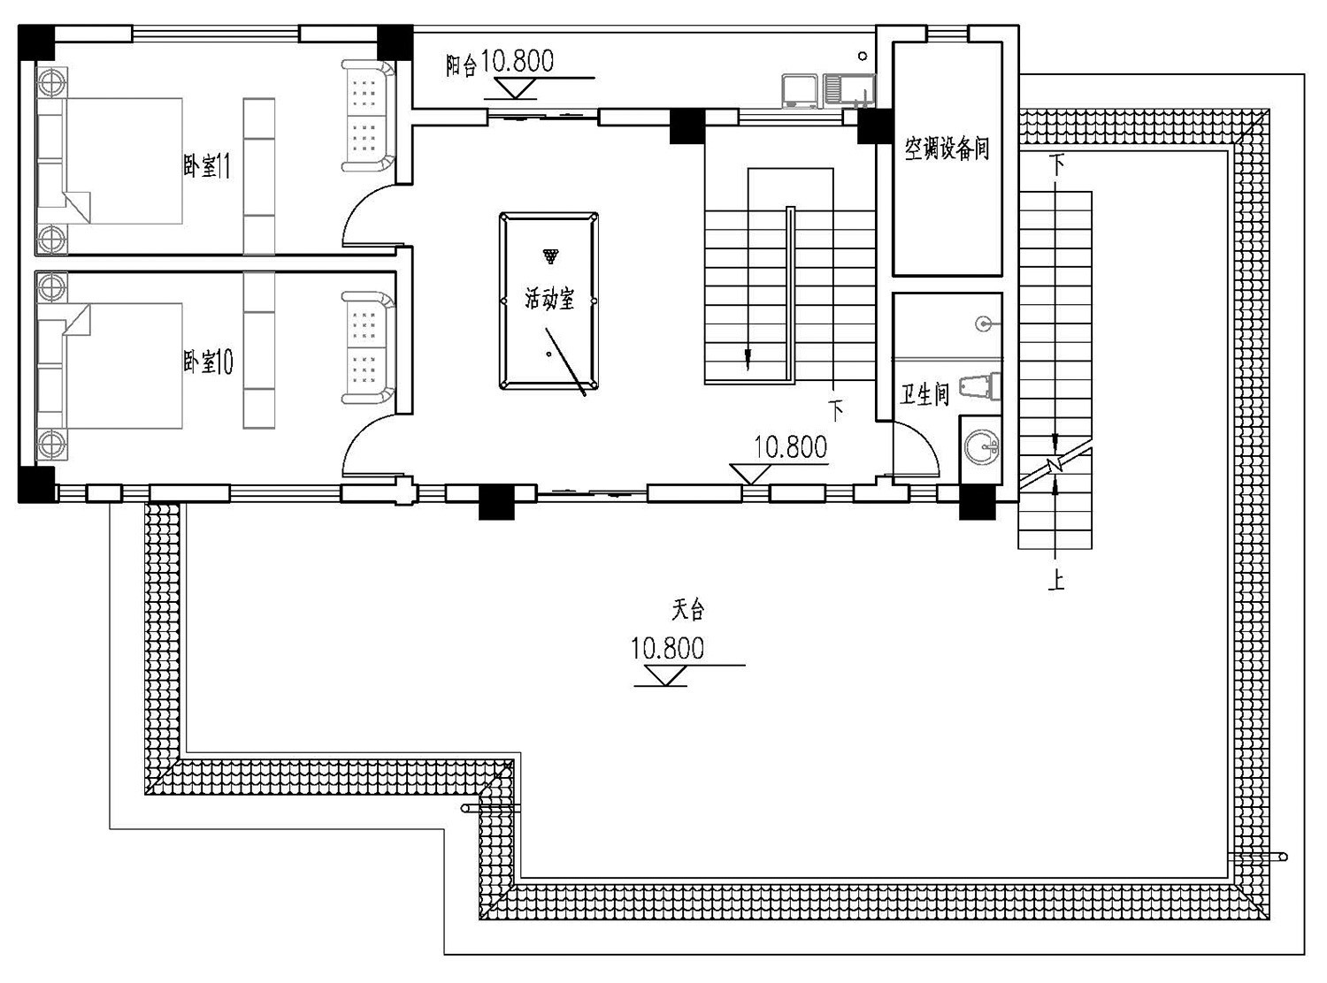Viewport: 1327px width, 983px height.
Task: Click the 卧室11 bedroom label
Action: [x=206, y=165]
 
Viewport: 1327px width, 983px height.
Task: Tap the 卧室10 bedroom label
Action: [x=208, y=362]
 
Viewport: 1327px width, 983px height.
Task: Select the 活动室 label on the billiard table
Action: [x=549, y=299]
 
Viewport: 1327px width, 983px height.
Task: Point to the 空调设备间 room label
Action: [x=947, y=148]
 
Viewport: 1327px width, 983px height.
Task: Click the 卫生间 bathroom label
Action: [x=924, y=394]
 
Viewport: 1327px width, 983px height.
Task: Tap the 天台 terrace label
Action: [x=688, y=609]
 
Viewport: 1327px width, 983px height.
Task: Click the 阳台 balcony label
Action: [x=461, y=65]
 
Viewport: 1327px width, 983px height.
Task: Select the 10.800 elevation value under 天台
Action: [x=667, y=649]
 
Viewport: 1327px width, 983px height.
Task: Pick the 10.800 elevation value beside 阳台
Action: [x=517, y=60]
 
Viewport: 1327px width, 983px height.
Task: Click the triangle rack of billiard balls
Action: [x=550, y=255]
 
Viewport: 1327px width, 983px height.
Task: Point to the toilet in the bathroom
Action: [x=980, y=386]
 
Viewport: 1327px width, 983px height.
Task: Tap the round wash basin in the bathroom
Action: [x=981, y=446]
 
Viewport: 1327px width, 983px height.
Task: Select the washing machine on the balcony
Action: [x=800, y=91]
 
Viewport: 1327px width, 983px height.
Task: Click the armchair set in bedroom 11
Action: [x=367, y=116]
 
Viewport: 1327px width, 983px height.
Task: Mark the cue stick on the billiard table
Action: [x=565, y=362]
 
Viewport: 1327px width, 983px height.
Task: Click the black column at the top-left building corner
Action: [x=36, y=42]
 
